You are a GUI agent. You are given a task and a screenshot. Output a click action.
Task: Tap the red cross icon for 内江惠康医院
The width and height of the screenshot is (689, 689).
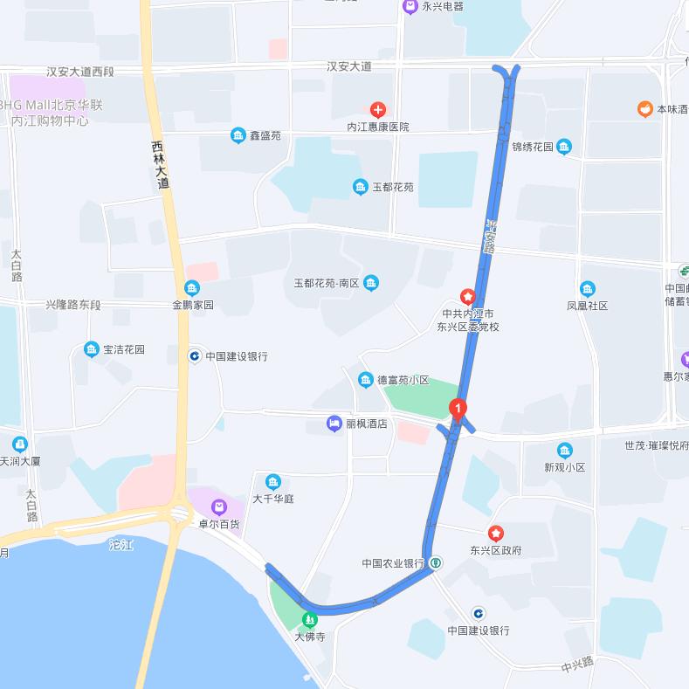coord(377,109)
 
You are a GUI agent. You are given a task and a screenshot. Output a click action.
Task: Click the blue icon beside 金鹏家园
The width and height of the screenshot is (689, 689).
coord(191,288)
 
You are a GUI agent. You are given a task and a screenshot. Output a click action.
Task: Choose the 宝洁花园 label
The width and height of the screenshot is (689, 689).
coord(124,349)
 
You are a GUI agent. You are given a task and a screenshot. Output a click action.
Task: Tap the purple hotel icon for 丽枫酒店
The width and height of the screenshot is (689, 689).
coord(334,424)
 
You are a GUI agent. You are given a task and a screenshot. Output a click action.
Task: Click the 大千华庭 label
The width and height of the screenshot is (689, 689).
coord(273,500)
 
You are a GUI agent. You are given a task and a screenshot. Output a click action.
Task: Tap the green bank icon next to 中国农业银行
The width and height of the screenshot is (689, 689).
coord(435,563)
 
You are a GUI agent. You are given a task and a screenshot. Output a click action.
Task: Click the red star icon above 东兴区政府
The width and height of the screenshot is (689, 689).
coord(495,533)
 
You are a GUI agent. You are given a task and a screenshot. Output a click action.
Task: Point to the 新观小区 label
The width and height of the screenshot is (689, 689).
coord(564,467)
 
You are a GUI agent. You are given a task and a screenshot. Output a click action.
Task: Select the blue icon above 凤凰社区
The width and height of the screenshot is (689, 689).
coord(587,288)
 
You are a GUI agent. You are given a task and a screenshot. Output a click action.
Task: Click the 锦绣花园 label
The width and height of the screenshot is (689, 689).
coord(533,147)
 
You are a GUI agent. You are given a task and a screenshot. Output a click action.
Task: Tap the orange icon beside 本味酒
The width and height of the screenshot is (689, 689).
coord(644,109)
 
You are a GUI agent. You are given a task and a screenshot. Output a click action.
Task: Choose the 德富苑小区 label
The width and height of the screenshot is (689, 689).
coord(403,380)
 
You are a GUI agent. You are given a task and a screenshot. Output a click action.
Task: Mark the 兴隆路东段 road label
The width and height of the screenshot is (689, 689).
coord(74,305)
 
